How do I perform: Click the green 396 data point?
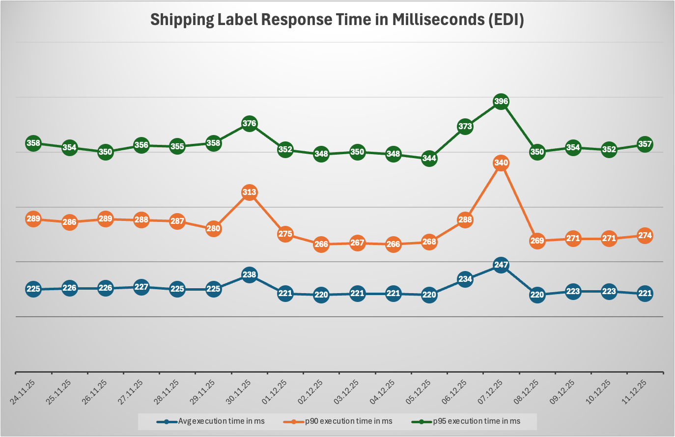pos(501,102)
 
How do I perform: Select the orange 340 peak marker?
pos(501,163)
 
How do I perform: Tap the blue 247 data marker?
pos(501,265)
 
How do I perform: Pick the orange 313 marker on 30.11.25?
pos(250,192)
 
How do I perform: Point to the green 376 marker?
pos(250,123)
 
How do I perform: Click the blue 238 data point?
pos(250,274)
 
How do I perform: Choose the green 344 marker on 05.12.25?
pos(429,158)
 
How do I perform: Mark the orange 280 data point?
pos(213,228)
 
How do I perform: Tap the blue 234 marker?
pos(465,279)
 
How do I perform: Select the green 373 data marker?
pos(465,126)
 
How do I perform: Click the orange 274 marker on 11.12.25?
pos(645,235)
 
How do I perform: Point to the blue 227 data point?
pos(141,287)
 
